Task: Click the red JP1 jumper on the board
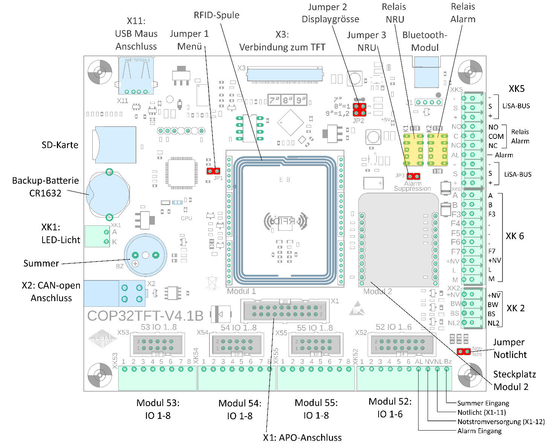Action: tap(213, 171)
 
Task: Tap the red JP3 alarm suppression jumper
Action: tap(413, 176)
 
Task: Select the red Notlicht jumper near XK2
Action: tap(463, 352)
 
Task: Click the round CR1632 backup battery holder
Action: tap(108, 195)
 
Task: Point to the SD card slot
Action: tap(115, 145)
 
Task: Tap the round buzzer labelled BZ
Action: tap(145, 255)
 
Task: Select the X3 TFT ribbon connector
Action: tap(285, 74)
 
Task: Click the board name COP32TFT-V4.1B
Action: tap(145, 316)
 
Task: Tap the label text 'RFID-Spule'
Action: tap(217, 15)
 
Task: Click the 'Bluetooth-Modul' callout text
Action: tap(425, 41)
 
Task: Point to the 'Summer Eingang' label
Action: tap(483, 403)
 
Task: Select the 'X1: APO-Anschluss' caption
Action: tap(302, 438)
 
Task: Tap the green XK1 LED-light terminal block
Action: tap(97, 236)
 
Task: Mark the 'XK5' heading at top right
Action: tap(516, 89)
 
